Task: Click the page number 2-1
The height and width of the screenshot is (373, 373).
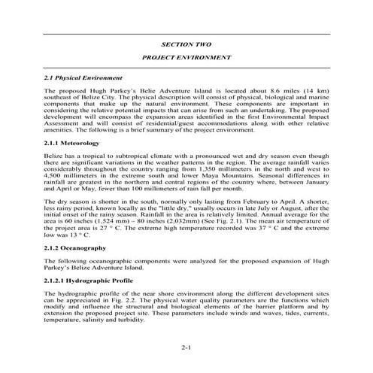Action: tap(186, 348)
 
